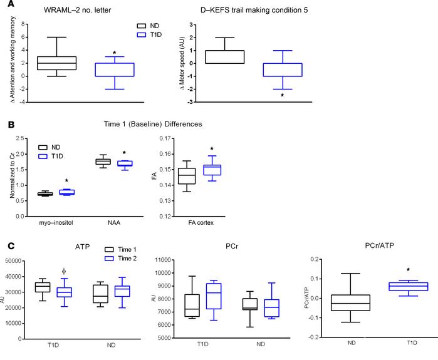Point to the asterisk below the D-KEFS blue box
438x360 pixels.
click(282, 96)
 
